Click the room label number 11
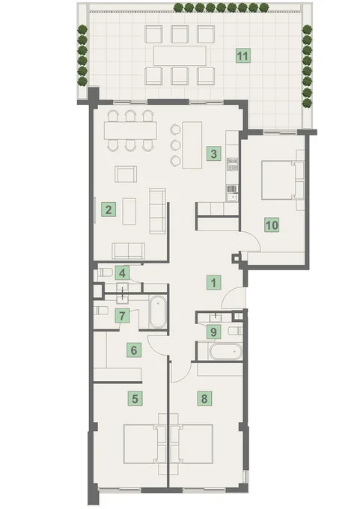click(x=242, y=56)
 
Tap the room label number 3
click(x=213, y=153)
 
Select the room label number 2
click(x=109, y=210)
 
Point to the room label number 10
click(x=272, y=225)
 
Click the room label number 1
click(x=213, y=282)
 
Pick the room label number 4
click(x=122, y=273)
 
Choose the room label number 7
click(x=122, y=316)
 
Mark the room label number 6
click(x=134, y=350)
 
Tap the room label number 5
click(x=135, y=398)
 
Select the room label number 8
click(x=204, y=398)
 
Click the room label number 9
click(x=213, y=332)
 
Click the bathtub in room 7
click(x=158, y=312)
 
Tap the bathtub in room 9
click(x=226, y=352)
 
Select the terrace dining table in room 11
click(x=180, y=55)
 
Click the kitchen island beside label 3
click(x=192, y=144)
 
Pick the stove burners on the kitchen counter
click(x=233, y=164)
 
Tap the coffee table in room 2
click(x=129, y=211)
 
